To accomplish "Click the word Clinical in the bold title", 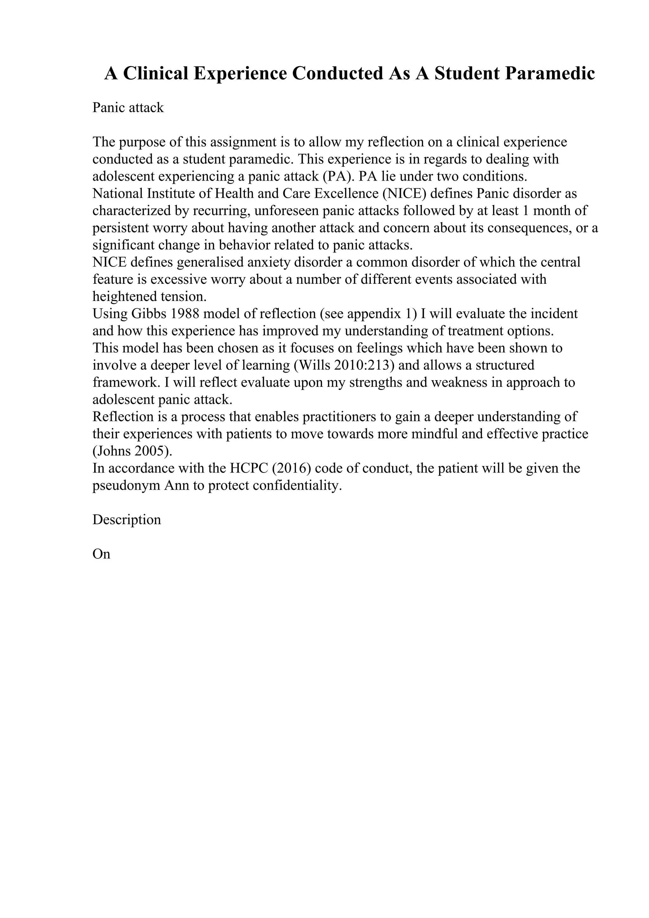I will point(156,73).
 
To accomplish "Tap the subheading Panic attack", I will point(128,108).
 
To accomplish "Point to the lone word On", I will point(101,554).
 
